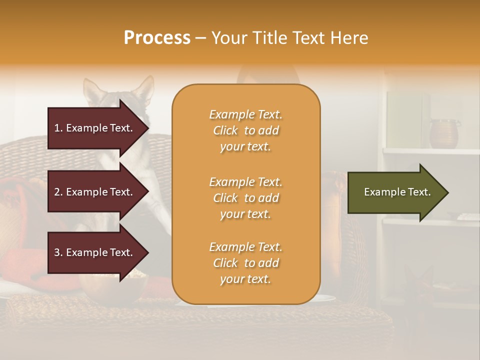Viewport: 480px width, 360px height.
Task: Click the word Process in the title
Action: pos(157,38)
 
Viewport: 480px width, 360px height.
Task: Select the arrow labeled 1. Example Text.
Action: pos(95,128)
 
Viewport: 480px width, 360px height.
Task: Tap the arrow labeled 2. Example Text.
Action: pos(95,192)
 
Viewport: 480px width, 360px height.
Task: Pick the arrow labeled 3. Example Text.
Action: pos(95,252)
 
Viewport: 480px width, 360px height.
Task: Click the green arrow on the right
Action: pos(395,192)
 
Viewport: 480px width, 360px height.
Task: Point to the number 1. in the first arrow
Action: pos(58,128)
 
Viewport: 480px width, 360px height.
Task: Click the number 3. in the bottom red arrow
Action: pos(58,252)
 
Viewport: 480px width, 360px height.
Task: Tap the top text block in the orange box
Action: pos(245,130)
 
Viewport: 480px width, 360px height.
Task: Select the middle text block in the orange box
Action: pos(245,198)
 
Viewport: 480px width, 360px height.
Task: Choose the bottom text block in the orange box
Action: pos(245,263)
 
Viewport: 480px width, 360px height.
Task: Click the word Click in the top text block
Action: pos(225,130)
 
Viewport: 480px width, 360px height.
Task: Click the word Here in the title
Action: pos(349,38)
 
